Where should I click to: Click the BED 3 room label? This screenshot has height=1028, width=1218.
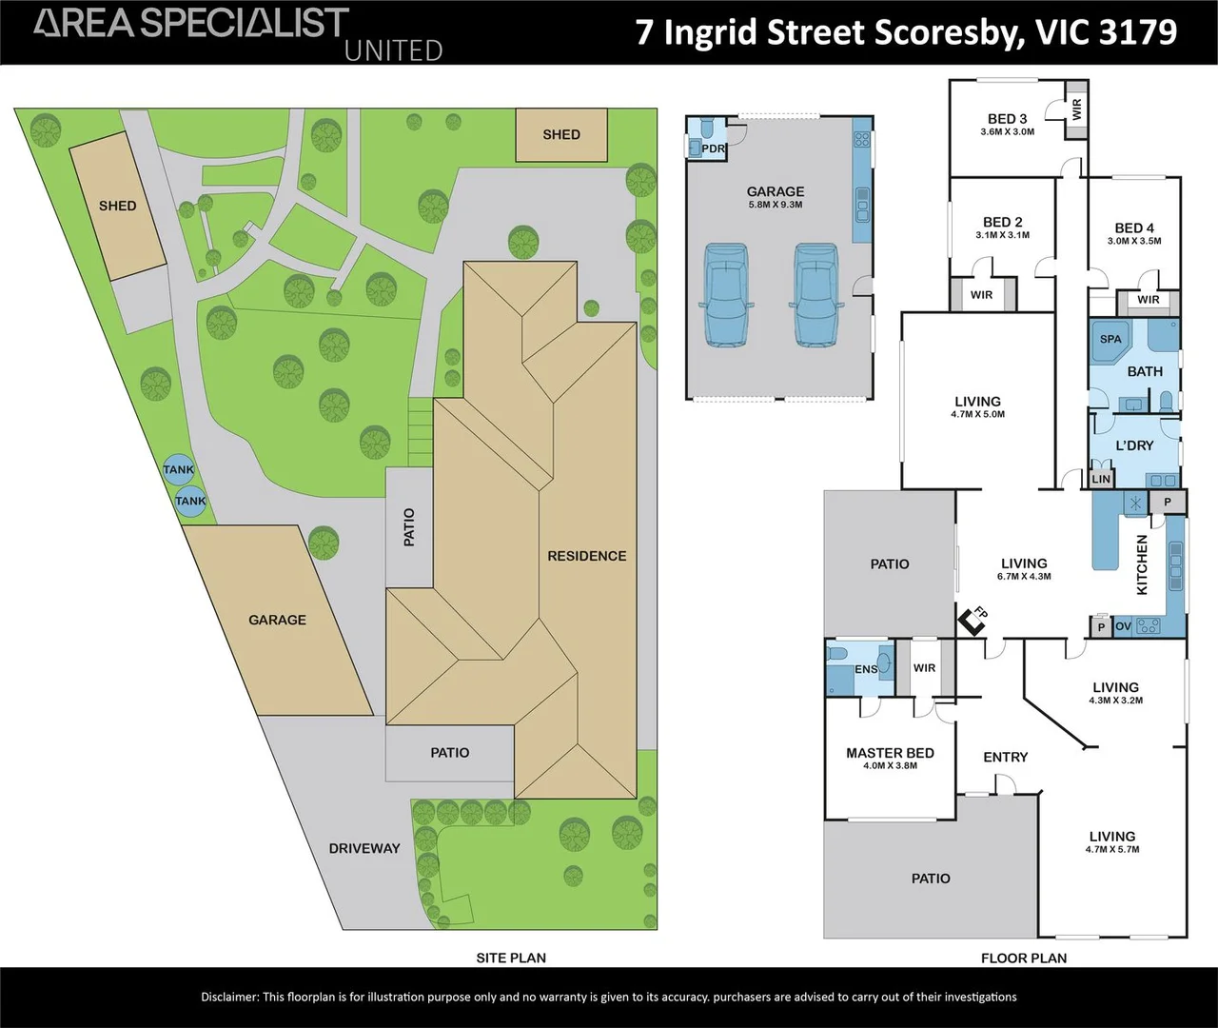1007,119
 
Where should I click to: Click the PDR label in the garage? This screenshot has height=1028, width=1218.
713,149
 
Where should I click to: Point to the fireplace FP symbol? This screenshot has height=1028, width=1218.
972,622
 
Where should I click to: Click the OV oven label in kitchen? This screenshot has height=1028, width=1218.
1123,626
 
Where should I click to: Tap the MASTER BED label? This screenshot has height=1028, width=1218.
890,753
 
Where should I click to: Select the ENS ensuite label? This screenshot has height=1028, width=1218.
866,669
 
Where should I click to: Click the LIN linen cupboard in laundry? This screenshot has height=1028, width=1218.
1101,479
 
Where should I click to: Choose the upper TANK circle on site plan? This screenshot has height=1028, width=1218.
178,469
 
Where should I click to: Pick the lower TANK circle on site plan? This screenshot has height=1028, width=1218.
190,501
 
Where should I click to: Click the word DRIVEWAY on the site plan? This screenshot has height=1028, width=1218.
364,848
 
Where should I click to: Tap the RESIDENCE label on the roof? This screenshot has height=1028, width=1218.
586,556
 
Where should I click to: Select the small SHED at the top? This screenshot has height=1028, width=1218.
560,135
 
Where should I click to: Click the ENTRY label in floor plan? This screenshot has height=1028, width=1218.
1005,757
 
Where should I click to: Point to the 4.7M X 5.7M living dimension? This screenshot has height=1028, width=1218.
1111,849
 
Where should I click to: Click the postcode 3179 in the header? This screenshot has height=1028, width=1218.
1137,31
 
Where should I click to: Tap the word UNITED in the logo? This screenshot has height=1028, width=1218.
393,50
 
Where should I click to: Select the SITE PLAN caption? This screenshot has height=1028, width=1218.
511,958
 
